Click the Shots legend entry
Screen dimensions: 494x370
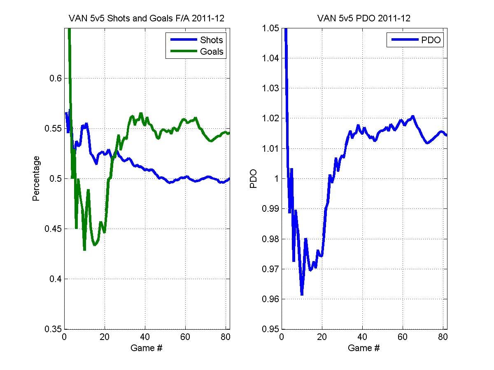point(196,40)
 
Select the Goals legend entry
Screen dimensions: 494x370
point(196,51)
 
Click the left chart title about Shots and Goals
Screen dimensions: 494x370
point(147,18)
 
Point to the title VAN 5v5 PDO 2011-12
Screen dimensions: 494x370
point(364,18)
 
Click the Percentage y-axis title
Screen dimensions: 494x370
point(36,178)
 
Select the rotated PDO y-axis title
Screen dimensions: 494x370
point(254,179)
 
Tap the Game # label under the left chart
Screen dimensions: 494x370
point(146,348)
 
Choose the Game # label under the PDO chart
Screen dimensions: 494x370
point(364,348)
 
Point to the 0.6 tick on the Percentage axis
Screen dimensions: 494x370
point(55,78)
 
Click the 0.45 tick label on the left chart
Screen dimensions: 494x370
point(53,229)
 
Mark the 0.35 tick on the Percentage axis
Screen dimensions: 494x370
point(53,329)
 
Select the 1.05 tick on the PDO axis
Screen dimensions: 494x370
point(270,28)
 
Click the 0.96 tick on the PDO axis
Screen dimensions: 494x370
point(270,299)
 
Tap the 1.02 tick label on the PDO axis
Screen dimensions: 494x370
point(270,118)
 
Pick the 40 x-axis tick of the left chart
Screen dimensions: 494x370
point(145,337)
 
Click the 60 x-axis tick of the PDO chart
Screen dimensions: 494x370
point(403,337)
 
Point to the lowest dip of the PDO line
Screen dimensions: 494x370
point(302,294)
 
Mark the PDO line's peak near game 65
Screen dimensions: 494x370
point(413,117)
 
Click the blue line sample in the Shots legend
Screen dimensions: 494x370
point(184,39)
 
